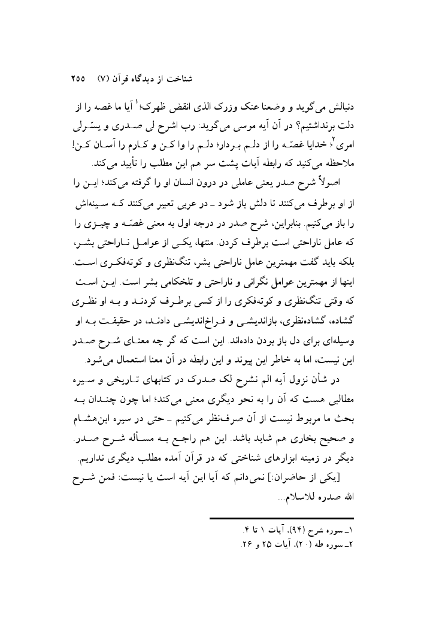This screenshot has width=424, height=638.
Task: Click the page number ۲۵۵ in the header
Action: click(x=78, y=79)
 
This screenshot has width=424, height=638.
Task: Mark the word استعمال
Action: click(x=122, y=342)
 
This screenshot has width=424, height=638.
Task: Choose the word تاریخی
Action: click(x=122, y=367)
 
